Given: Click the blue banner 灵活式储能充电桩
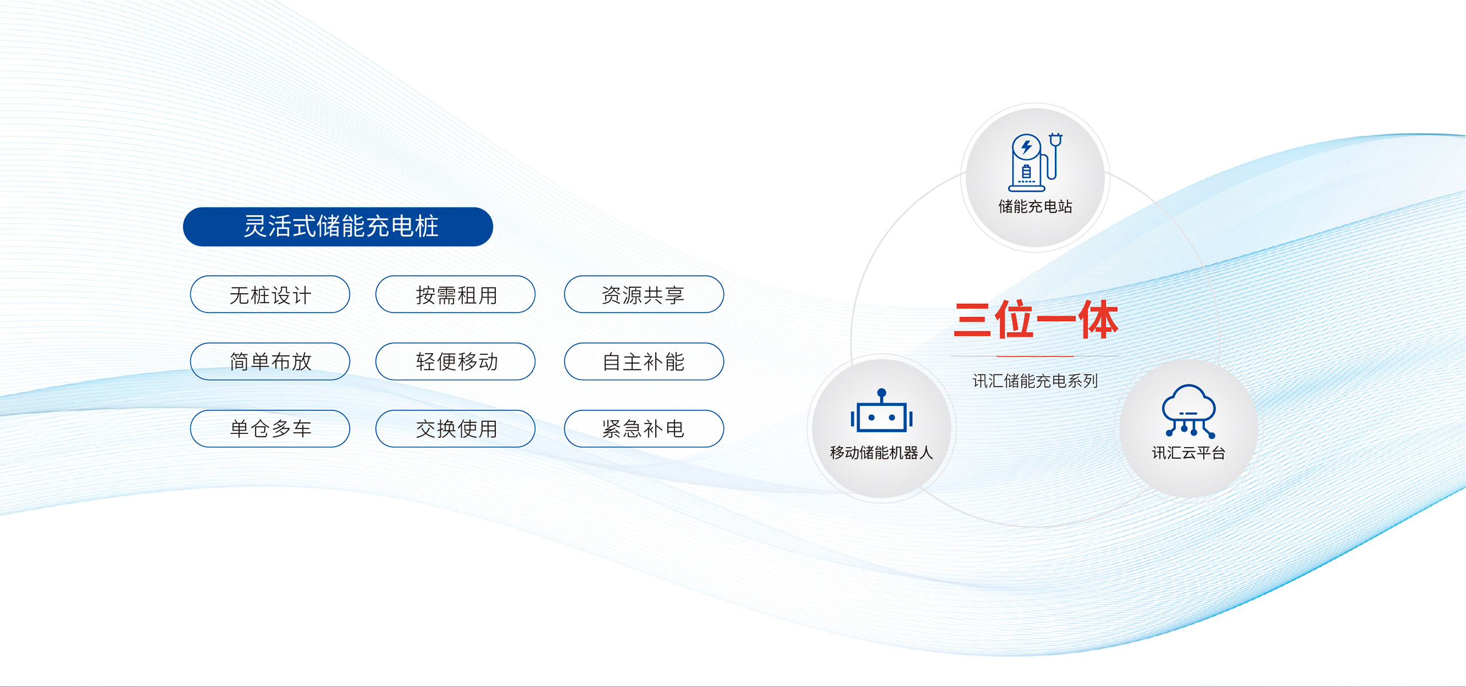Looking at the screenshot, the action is [338, 227].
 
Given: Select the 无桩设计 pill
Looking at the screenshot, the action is [270, 294].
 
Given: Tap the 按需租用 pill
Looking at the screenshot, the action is [455, 294].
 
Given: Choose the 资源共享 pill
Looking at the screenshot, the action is [644, 294].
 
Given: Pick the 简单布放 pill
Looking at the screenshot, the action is [270, 361].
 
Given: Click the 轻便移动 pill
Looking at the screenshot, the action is [455, 361].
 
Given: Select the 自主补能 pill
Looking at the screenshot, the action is [644, 361].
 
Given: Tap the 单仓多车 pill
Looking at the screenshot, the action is [270, 428].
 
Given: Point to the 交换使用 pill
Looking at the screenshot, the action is [455, 428].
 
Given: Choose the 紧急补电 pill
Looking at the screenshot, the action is [644, 428].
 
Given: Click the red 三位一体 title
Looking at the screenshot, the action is [1035, 319].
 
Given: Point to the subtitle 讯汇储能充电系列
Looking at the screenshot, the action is [1035, 381].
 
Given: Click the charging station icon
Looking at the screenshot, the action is [1035, 162].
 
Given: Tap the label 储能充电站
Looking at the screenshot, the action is [1035, 206].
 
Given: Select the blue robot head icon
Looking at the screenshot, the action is [881, 410].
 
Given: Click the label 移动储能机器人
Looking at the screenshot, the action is [881, 453].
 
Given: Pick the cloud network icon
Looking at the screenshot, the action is [1189, 411].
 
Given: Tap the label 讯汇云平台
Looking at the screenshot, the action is [1189, 453].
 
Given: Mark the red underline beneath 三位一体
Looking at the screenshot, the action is [1035, 356].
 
